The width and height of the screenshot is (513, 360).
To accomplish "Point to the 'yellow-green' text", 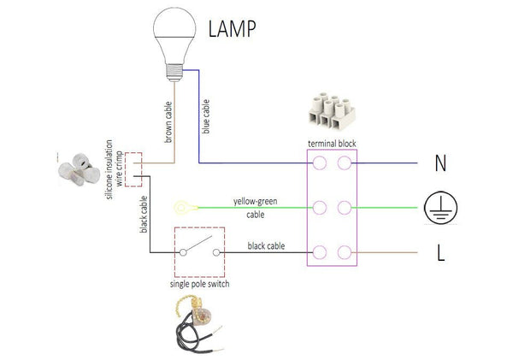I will (x=254, y=202).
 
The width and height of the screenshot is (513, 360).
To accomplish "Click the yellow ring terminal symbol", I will (x=181, y=207).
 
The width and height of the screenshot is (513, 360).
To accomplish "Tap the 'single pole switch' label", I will (x=199, y=284).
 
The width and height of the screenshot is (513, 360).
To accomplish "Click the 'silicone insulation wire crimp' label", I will (x=114, y=168).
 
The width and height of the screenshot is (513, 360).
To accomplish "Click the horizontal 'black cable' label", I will (x=267, y=246).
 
